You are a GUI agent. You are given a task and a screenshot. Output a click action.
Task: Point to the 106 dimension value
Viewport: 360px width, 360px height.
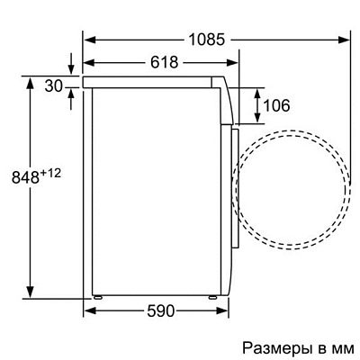(x=276, y=106)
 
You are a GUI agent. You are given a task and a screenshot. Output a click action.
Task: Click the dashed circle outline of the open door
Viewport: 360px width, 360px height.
(x=346, y=189)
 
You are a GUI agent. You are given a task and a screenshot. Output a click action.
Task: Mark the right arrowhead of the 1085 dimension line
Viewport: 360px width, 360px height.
(x=345, y=40)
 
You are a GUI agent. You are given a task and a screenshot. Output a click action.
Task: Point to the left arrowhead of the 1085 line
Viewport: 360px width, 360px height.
(x=88, y=40)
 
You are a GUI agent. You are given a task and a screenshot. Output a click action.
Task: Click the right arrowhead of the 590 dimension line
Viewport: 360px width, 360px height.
(x=220, y=310)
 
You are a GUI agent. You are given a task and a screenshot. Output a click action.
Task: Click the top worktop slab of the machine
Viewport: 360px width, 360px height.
(x=153, y=81)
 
